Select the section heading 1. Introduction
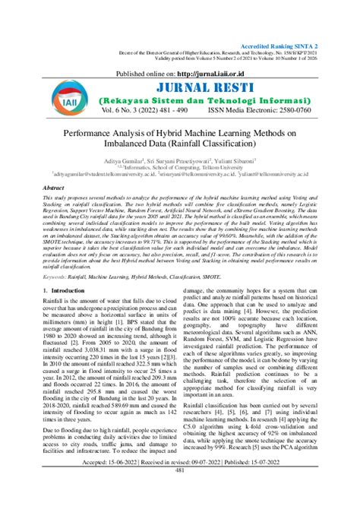[x=68, y=290]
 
